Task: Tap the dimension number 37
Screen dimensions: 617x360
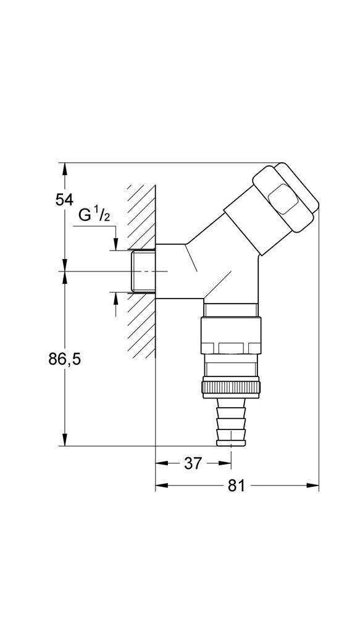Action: pos(193,463)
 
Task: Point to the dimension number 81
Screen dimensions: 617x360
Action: pos(237,486)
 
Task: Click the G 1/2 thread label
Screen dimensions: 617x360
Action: pos(94,215)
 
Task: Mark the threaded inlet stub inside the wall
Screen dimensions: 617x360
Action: pos(143,271)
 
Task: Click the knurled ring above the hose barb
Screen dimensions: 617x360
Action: pos(231,388)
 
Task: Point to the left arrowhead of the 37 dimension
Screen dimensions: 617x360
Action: pos(161,463)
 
